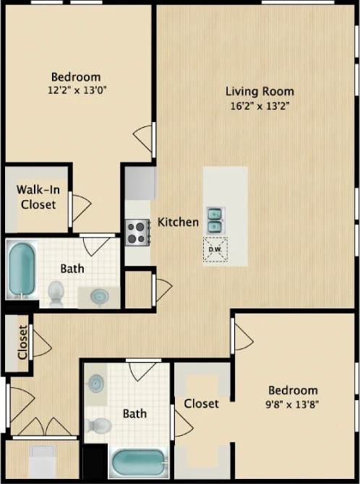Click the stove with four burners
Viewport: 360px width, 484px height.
pyautogui.click(x=137, y=232)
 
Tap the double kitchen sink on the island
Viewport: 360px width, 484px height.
pyautogui.click(x=215, y=220)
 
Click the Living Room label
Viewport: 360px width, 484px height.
pyautogui.click(x=260, y=91)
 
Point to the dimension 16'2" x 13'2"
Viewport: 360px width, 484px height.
pyautogui.click(x=260, y=105)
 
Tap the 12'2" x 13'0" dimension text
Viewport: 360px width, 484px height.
pyautogui.click(x=76, y=91)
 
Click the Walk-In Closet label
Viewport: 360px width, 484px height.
pyautogui.click(x=37, y=197)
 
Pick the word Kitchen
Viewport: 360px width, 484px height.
pyautogui.click(x=178, y=222)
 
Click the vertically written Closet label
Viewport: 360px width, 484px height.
pyautogui.click(x=22, y=342)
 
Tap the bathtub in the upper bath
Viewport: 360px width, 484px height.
pyautogui.click(x=22, y=269)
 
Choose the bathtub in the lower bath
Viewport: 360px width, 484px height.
pyautogui.click(x=140, y=462)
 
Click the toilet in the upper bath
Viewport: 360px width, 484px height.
pyautogui.click(x=56, y=292)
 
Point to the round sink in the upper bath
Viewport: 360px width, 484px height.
pyautogui.click(x=100, y=295)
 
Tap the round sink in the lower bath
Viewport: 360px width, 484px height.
pyautogui.click(x=98, y=382)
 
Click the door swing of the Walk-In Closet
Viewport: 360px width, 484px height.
pyautogui.click(x=80, y=208)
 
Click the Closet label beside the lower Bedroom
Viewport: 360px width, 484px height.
pyautogui.click(x=201, y=403)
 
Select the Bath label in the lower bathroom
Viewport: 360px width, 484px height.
pyautogui.click(x=134, y=413)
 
